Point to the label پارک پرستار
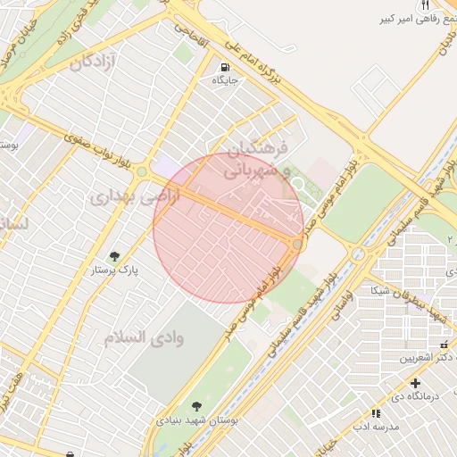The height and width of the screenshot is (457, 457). (x=116, y=270)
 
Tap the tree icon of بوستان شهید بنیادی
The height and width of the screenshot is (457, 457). (x=197, y=406)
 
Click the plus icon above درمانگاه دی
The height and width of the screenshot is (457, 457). (x=414, y=383)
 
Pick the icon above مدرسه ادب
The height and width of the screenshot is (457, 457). (x=375, y=413)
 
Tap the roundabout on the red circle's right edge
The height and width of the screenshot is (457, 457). (x=297, y=244)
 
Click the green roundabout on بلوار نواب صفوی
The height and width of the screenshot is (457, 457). (x=141, y=171)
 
